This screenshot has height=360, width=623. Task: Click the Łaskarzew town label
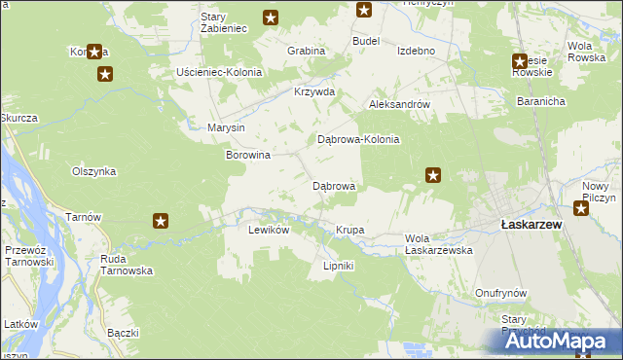pyautogui.click(x=527, y=224)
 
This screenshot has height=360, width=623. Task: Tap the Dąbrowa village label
pyautogui.click(x=333, y=185)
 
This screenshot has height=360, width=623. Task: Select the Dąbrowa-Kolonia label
pyautogui.click(x=359, y=139)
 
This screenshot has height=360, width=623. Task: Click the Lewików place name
pyautogui.click(x=269, y=230)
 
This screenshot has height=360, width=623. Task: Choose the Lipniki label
pyautogui.click(x=338, y=266)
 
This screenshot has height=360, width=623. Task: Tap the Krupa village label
pyautogui.click(x=349, y=230)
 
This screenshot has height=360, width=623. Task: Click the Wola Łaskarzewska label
pyautogui.click(x=438, y=244)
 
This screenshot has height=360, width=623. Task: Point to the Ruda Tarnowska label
pyautogui.click(x=127, y=265)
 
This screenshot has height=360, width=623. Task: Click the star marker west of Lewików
pyautogui.click(x=161, y=222)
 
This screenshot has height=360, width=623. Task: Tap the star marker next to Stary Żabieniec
pyautogui.click(x=271, y=17)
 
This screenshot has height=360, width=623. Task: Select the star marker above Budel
pyautogui.click(x=364, y=11)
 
